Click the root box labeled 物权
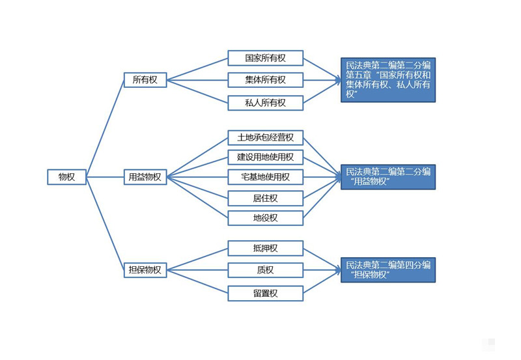click(66, 176)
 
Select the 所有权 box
click(145, 80)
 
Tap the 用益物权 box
click(145, 176)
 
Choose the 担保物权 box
click(145, 270)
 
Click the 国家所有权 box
click(265, 58)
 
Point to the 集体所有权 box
click(265, 80)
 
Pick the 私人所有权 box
click(265, 102)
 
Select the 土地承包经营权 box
click(265, 137)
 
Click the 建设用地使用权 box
click(265, 157)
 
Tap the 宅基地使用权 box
click(265, 177)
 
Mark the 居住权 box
click(265, 197)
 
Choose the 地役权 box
click(265, 217)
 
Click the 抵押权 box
click(265, 248)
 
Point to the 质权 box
click(265, 270)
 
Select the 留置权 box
click(265, 293)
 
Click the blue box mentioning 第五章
click(387, 80)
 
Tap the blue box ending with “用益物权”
click(387, 177)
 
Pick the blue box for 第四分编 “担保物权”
click(387, 270)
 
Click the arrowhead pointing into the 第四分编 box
click(337, 270)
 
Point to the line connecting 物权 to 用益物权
click(106, 176)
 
